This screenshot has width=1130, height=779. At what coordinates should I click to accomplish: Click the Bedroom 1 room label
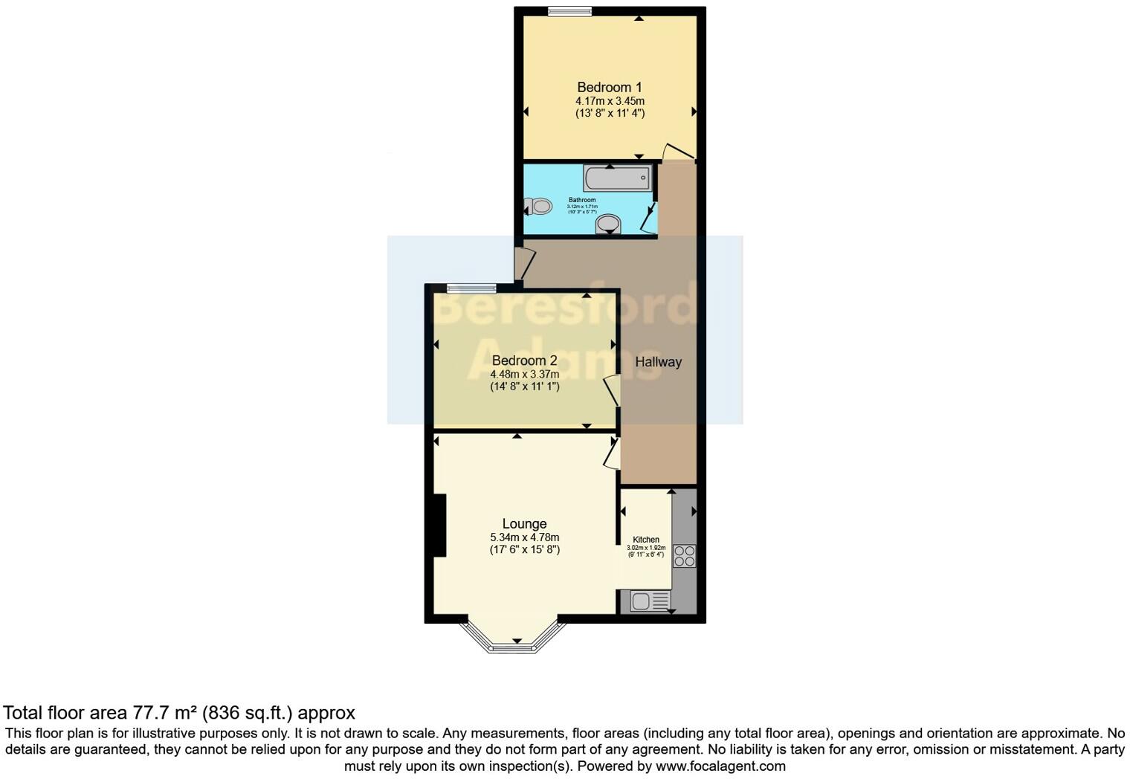coord(609,87)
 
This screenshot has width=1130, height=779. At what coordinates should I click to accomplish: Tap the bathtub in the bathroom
coord(617,178)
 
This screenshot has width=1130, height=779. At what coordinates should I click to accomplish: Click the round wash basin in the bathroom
coord(609,223)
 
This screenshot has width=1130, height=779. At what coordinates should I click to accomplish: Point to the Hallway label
coord(658,362)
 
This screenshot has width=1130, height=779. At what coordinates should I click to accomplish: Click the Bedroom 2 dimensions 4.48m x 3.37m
coord(524,374)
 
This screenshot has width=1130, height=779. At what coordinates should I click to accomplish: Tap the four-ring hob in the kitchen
coord(684,557)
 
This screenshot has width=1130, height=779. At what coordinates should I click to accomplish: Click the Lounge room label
coord(524,524)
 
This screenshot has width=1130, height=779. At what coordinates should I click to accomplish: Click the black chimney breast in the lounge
coord(439,526)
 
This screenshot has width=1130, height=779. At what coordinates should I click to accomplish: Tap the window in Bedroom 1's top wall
coord(570,10)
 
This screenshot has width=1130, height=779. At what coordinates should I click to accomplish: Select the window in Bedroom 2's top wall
coord(472,288)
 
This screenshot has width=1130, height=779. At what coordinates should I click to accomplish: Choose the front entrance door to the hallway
coord(524,265)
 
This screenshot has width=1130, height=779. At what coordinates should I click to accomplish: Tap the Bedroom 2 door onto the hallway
coord(613,391)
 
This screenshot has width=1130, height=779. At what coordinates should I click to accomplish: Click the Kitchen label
coord(645,540)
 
